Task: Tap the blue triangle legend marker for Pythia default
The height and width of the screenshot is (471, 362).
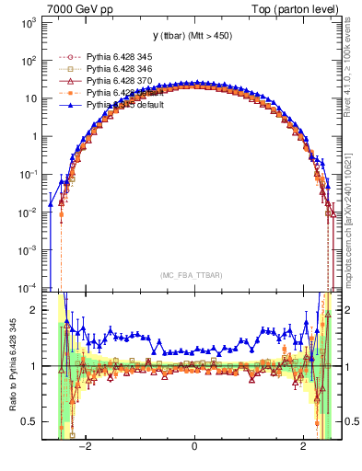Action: click(x=72, y=105)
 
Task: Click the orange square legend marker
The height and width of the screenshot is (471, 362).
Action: click(x=72, y=93)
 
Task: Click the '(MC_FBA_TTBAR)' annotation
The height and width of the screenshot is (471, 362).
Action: click(x=193, y=275)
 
